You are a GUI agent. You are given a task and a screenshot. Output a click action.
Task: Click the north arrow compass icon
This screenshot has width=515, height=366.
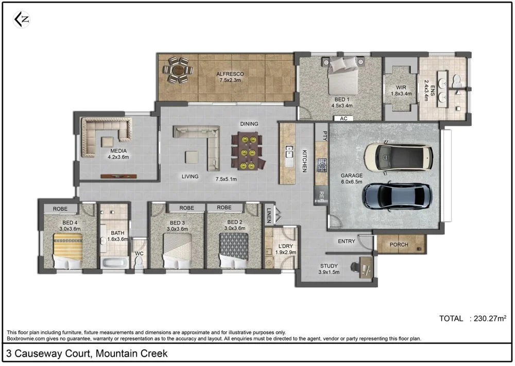pyautogui.click(x=21, y=20)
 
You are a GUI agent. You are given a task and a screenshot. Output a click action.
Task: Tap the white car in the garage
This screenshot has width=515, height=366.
pyautogui.click(x=398, y=157)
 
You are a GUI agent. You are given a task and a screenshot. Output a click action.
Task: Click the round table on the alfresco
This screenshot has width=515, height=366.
pyautogui.click(x=178, y=69)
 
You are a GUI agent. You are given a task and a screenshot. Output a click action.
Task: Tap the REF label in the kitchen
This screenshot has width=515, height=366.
pyautogui.click(x=321, y=195)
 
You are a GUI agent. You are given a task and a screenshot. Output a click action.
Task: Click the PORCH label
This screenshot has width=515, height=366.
pyautogui.click(x=399, y=245)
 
